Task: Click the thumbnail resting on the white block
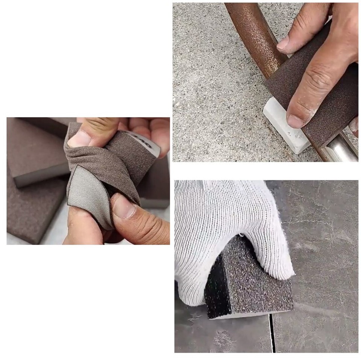tap(295, 121)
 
